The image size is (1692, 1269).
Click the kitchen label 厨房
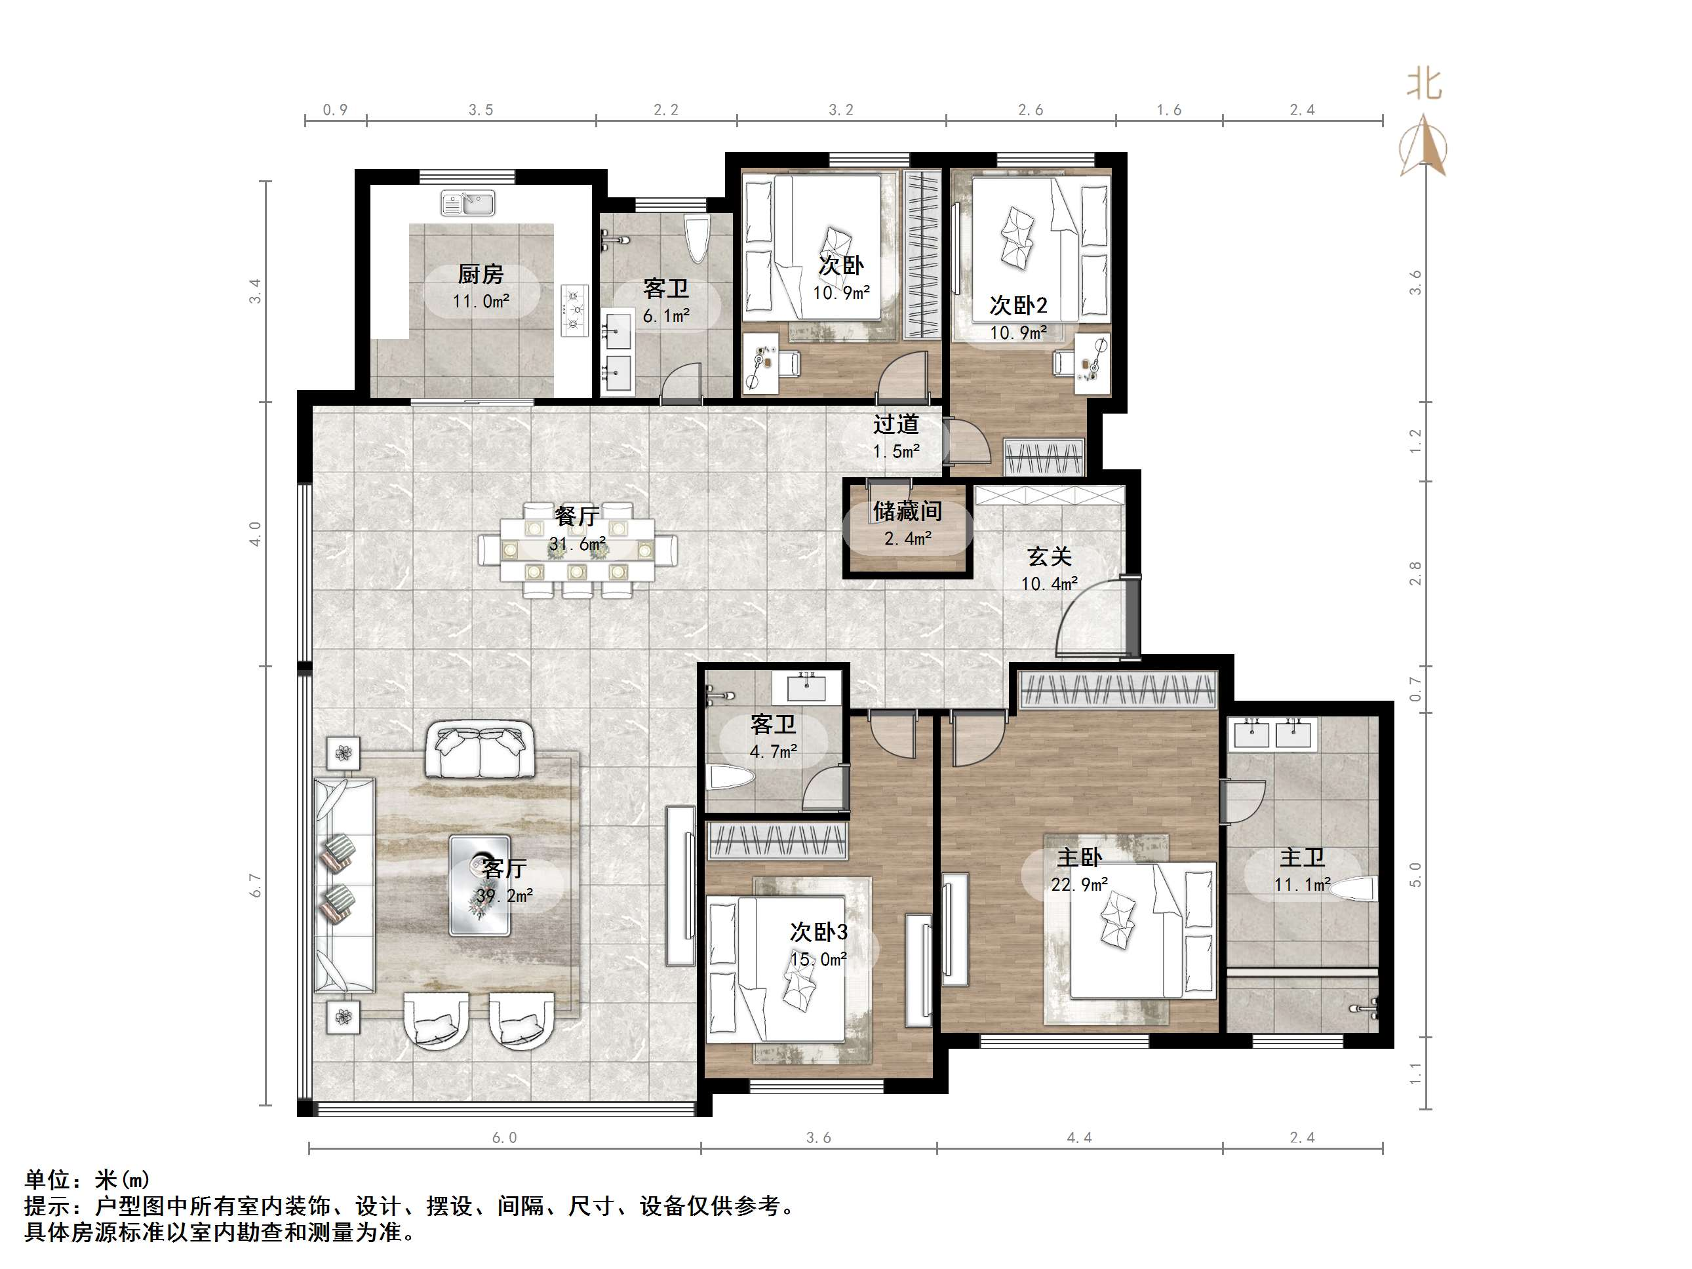pos(481,273)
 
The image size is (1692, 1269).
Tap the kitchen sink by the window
pos(468,203)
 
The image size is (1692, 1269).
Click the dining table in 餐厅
pos(578,549)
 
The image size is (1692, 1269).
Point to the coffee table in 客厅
pos(480,885)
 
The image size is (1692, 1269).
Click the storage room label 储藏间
pos(907,511)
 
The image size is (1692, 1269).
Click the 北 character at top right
pos(1425,84)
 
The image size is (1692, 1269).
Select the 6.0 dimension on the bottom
pos(504,1138)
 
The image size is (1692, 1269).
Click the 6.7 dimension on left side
pos(256,885)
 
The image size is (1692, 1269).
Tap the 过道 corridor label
pos(895,424)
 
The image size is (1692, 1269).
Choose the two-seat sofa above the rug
pos(480,750)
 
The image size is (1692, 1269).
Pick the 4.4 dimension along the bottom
pos(1078,1138)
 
